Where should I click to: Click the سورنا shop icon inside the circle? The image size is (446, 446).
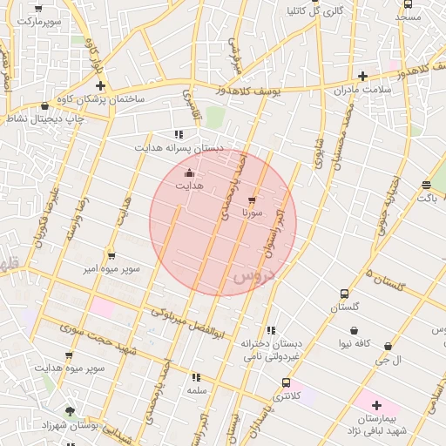point(253,200)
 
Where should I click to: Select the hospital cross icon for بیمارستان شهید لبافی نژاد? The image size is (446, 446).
point(376,405)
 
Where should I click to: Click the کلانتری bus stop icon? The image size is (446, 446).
point(286,383)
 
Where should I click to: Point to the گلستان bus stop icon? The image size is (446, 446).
point(345,294)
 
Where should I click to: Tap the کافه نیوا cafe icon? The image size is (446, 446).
point(355,330)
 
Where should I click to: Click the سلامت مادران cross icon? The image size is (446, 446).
point(362,76)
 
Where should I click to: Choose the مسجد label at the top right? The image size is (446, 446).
point(408,17)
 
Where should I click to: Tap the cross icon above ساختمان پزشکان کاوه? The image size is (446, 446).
point(101,85)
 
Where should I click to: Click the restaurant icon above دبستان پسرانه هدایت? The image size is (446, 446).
point(179,134)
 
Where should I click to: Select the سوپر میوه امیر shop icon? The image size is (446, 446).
point(111,256)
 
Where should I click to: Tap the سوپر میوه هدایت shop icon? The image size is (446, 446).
point(69,355)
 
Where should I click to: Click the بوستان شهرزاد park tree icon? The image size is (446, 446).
point(70,410)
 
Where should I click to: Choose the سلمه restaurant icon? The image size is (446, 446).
point(195,378)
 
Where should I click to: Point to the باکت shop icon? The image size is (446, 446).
point(425,185)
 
